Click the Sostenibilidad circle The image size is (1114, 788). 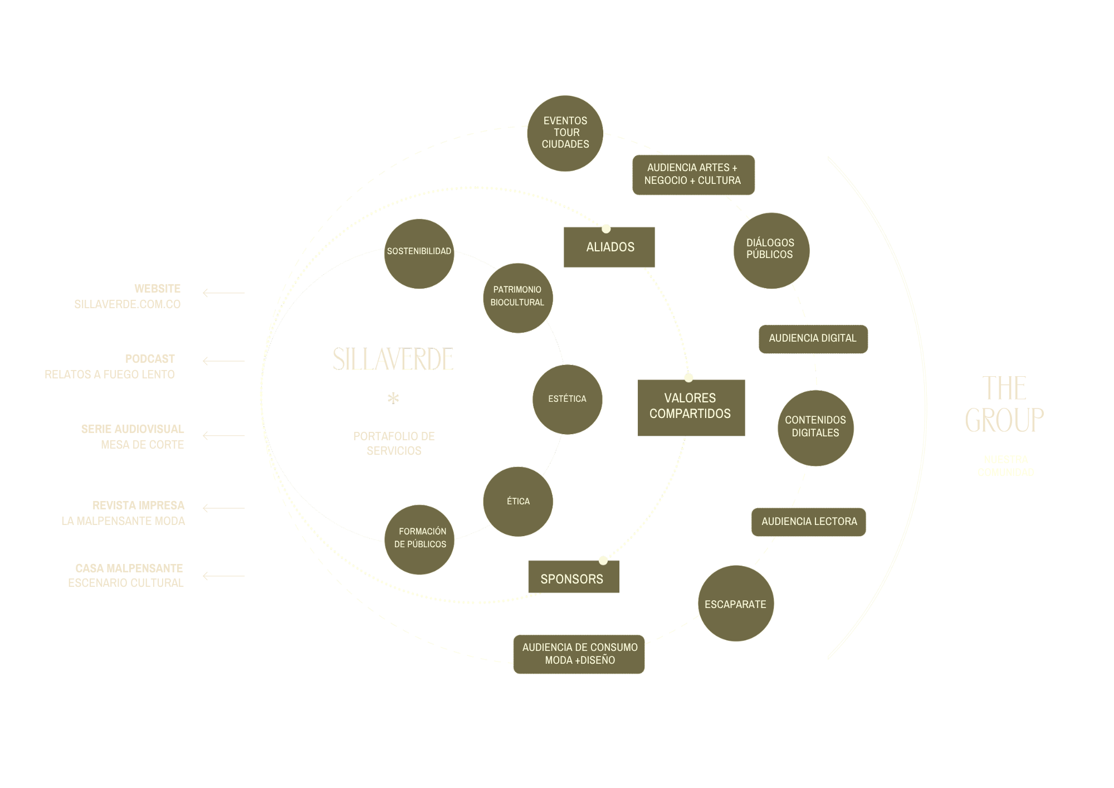(419, 254)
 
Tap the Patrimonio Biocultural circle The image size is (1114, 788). (517, 298)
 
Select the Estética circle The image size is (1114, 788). (567, 399)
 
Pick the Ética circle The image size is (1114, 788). (518, 502)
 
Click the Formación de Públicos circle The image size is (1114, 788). (419, 539)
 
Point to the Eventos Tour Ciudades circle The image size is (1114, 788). (565, 133)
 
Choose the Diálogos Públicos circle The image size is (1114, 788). (771, 250)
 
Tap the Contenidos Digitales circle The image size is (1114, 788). (815, 428)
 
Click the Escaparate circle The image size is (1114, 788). (736, 604)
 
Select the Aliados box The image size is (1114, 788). (609, 247)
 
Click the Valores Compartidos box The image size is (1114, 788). (691, 407)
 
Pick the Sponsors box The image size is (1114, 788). (573, 578)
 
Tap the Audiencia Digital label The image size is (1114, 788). (813, 339)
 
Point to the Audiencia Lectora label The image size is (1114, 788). (809, 522)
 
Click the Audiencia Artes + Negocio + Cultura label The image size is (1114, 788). (693, 174)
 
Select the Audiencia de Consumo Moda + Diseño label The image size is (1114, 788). (579, 654)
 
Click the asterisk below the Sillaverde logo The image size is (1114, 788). (394, 398)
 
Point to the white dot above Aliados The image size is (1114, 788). (606, 228)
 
